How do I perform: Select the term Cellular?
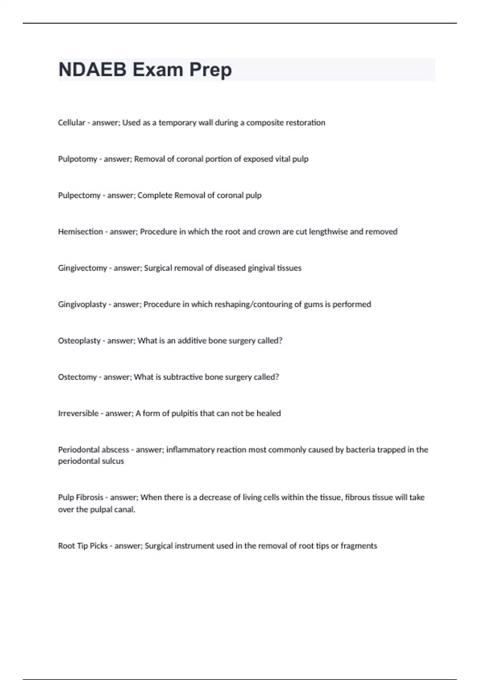point(72,123)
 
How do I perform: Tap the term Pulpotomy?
point(78,159)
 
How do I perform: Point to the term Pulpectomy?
point(79,196)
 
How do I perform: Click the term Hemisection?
point(80,232)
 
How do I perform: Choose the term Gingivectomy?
point(82,268)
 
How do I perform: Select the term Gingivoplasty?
point(82,304)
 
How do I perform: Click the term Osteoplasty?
point(79,341)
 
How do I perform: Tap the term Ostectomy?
point(77,377)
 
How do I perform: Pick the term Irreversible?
point(78,413)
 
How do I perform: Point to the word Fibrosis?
point(92,497)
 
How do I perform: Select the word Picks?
point(98,546)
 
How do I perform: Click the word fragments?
point(359,546)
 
